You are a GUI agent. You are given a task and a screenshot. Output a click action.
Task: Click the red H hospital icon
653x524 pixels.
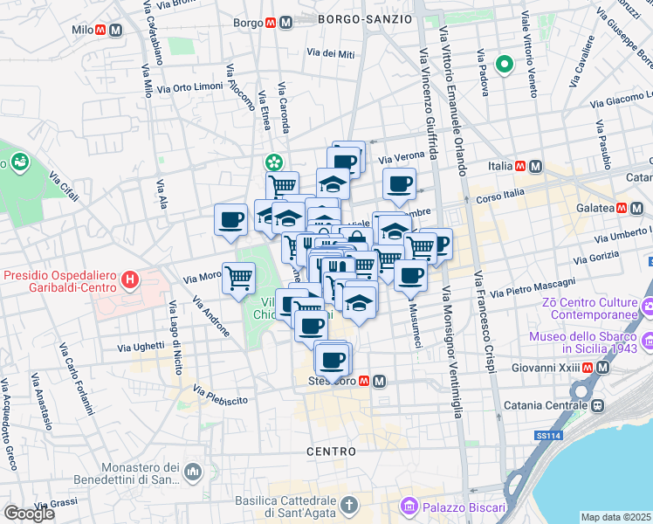(130, 280)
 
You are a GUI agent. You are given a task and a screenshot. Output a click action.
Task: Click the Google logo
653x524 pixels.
(29, 513)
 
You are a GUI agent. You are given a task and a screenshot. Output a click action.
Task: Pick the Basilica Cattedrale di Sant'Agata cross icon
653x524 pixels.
(348, 505)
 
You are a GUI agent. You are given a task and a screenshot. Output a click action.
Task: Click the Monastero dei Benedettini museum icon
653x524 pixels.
(192, 472)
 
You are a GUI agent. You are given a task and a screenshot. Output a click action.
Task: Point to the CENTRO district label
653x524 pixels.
(331, 452)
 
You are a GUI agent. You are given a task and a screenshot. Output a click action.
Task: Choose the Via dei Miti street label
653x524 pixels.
(331, 54)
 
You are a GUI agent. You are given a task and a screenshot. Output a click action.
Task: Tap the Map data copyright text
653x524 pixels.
(615, 517)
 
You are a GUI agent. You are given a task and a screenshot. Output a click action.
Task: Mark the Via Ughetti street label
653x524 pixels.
(136, 347)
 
